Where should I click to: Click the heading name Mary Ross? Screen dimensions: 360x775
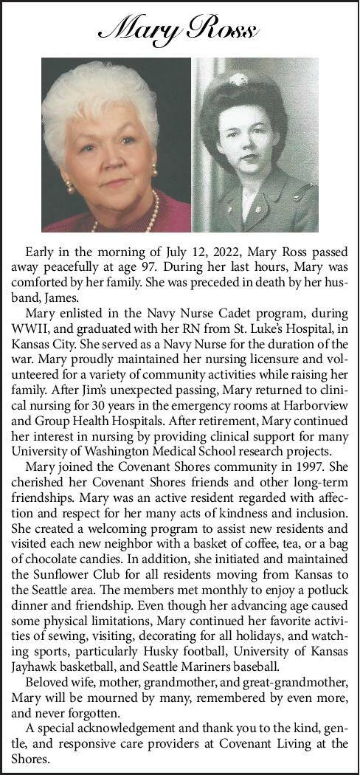click(x=179, y=29)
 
